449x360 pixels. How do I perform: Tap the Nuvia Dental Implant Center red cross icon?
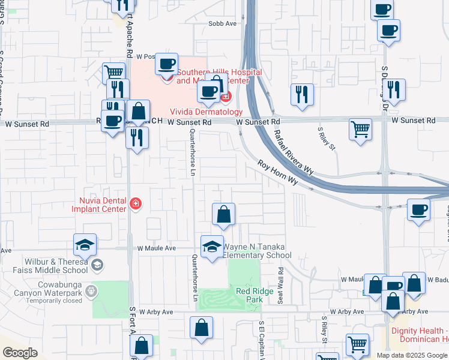[136, 205]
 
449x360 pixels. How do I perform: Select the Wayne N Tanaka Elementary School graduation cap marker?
[211, 247]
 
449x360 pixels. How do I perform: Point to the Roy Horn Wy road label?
[278, 172]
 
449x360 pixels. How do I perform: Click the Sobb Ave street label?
[223, 23]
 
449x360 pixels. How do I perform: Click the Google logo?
[20, 352]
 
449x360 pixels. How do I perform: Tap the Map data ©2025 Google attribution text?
[412, 355]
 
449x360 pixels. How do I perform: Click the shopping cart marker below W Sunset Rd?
[360, 129]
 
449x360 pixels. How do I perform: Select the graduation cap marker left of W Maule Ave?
[85, 244]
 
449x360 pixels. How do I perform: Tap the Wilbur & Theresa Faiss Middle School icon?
[97, 265]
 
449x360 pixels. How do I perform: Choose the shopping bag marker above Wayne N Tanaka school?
[223, 214]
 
